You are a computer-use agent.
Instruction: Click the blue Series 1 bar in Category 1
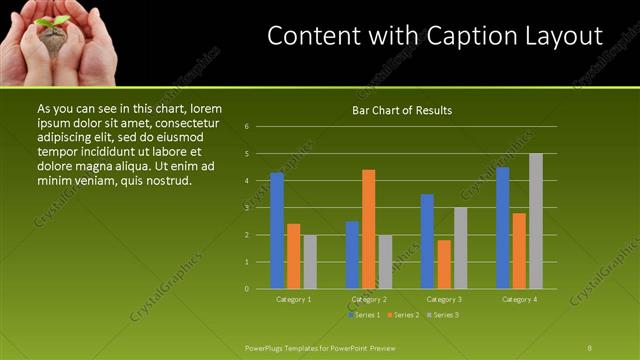277,230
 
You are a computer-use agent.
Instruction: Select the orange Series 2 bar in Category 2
369,229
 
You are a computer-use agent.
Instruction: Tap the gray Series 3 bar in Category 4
536,221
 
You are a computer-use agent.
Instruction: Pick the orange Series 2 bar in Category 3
444,264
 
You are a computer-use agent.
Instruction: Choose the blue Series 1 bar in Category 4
503,228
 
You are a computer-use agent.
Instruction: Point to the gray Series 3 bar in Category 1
310,262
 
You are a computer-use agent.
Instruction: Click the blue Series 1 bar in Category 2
352,255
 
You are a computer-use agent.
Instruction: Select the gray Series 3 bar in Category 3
461,248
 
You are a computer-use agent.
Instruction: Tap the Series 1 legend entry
367,314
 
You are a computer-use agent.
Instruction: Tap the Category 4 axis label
519,299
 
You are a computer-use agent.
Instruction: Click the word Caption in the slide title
449,37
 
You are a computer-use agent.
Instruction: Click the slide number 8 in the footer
590,348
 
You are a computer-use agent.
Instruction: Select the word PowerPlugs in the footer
265,348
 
